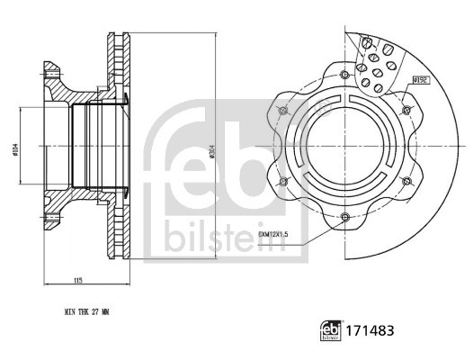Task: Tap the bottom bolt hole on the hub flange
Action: click(347, 215)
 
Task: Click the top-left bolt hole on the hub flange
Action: click(284, 110)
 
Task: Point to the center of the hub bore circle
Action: click(346, 145)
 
